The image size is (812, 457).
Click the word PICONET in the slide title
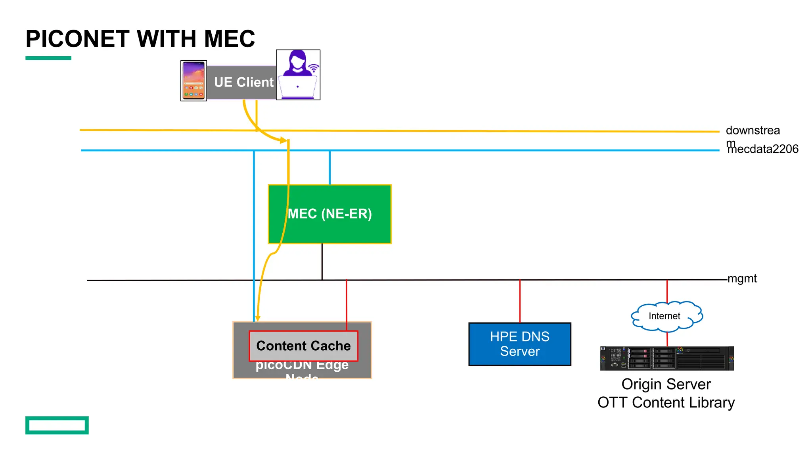pos(77,39)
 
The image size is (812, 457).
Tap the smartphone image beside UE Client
pos(193,81)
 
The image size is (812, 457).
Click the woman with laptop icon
pos(298,75)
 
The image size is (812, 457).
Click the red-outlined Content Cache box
pos(303,346)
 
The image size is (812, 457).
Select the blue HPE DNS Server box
pos(520,344)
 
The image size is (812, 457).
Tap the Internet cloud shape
pos(666,316)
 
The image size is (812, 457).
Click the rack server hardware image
pos(667,358)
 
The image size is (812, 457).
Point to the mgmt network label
pos(742,278)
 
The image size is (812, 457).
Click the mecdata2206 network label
pos(763,149)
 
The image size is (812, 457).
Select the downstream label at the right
pos(753,131)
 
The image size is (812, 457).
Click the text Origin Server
pos(666,384)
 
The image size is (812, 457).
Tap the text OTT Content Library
pos(666,402)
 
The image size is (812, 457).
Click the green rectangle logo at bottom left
pos(57,425)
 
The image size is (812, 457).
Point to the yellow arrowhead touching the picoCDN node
pos(258,318)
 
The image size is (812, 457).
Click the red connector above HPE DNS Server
pos(520,301)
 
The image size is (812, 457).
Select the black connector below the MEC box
pos(322,262)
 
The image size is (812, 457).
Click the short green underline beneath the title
pos(48,58)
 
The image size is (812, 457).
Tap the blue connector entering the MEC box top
pos(329,167)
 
